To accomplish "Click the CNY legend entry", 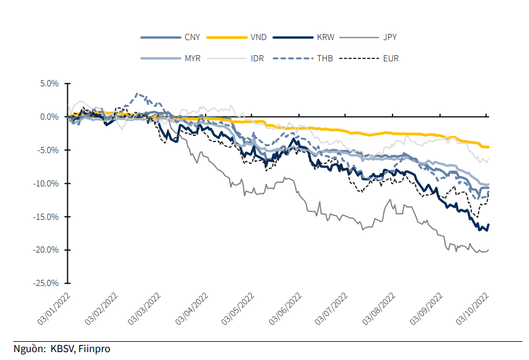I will click(192, 38).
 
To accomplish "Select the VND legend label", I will click(257, 38).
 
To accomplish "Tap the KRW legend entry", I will click(324, 38).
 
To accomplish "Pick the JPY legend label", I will click(389, 38).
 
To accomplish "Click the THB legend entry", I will click(324, 59).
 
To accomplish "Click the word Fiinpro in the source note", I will click(95, 349).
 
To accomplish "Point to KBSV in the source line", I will click(62, 349).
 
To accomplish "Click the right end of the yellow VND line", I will click(488, 147).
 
